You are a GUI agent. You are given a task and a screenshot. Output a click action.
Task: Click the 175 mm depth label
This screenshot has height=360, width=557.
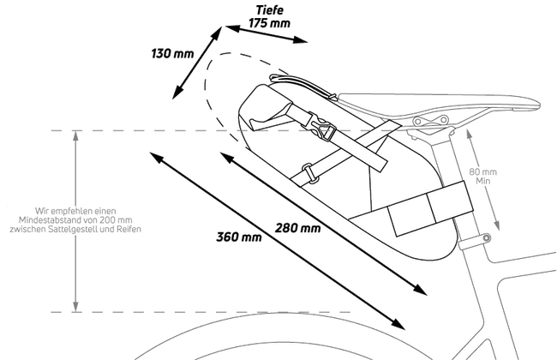pyautogui.click(x=269, y=23)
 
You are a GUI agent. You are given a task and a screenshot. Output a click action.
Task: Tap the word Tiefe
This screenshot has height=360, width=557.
pyautogui.click(x=270, y=10)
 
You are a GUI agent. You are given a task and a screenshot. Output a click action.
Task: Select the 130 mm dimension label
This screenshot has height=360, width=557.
pyautogui.click(x=172, y=54)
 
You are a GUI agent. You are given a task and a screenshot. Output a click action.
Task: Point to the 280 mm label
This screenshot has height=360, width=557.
pyautogui.click(x=297, y=228)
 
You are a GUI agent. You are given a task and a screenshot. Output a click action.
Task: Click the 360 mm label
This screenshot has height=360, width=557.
pyautogui.click(x=239, y=237)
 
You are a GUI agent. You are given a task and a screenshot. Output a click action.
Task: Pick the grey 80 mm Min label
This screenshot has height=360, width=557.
pyautogui.click(x=483, y=177)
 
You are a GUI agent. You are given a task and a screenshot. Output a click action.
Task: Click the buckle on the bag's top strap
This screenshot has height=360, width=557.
pyautogui.click(x=321, y=127)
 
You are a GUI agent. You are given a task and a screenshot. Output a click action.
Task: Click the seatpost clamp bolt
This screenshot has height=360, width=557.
pyautogui.click(x=487, y=237)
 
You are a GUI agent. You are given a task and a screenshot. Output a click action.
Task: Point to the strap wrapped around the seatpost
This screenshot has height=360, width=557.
pyautogui.click(x=430, y=207)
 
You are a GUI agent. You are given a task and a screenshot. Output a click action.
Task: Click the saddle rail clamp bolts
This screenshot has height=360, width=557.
pyautogui.click(x=430, y=120)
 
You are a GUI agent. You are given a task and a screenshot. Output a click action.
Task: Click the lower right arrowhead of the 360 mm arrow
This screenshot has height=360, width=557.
pyautogui.click(x=398, y=324)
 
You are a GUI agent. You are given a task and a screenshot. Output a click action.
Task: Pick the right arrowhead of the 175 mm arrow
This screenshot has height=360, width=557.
pyautogui.click(x=300, y=39)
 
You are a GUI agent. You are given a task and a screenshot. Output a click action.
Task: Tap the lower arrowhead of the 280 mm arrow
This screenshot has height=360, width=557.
pyautogui.click(x=420, y=289)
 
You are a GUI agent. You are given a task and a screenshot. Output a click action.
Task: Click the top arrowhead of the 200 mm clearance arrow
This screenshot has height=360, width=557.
pyautogui.click(x=75, y=135)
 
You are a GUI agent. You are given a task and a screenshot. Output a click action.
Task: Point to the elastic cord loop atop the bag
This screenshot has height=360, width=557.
pyautogui.click(x=302, y=85)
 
